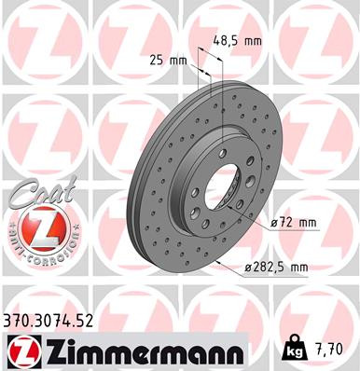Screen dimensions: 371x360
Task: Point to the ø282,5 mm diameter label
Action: (x=275, y=268)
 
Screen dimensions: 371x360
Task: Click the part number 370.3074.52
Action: (x=49, y=323)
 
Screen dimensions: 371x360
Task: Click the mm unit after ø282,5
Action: (x=298, y=268)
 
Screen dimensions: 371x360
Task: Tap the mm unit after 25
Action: (x=178, y=60)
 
